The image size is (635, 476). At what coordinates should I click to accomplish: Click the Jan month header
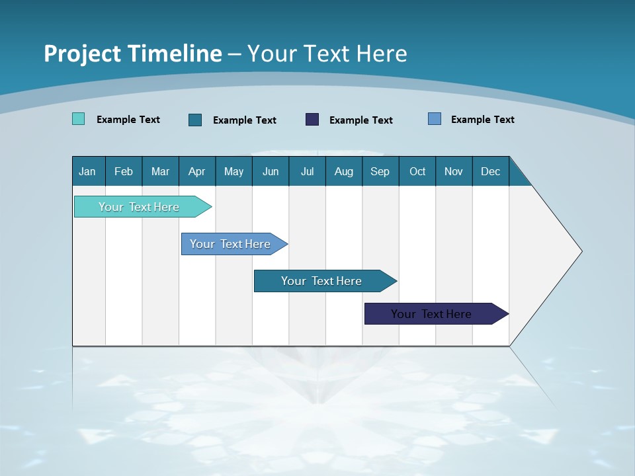coord(88,171)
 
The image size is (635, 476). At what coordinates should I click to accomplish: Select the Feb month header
coord(124,171)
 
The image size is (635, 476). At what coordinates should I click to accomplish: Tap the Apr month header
coord(197,171)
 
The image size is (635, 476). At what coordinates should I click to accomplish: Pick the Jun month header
coord(271,171)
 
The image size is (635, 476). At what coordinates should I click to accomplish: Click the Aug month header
coord(344,171)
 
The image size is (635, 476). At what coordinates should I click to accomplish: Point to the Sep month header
coord(380,171)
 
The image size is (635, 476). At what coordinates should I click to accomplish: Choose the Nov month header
coord(454,171)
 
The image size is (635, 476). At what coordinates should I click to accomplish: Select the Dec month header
coord(491,171)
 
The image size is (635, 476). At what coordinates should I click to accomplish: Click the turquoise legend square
coord(78,119)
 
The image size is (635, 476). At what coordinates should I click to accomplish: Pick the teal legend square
coord(195,120)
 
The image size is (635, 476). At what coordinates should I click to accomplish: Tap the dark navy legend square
coord(312,120)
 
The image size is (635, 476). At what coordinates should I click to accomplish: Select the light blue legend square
coord(435,119)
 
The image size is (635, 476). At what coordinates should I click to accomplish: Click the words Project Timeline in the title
coord(132,54)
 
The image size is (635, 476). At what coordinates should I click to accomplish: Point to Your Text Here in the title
coord(327,54)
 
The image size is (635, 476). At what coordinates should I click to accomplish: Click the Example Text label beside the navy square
coord(360,120)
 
